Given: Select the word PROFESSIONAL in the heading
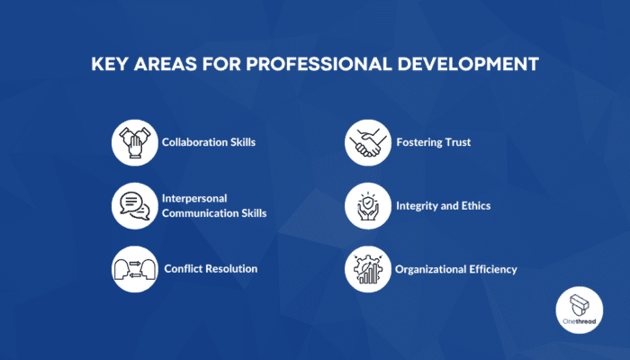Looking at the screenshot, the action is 319,64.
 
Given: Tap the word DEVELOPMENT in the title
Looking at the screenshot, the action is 468,64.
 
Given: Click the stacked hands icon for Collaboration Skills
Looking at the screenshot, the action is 135,142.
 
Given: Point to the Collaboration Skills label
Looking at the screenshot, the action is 209,142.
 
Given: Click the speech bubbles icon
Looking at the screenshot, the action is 135,206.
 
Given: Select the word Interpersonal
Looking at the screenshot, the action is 194,199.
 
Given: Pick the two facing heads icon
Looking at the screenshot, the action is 135,269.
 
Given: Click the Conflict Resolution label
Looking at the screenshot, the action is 211,269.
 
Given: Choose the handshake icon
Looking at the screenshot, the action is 367,142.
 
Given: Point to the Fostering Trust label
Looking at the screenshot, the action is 434,142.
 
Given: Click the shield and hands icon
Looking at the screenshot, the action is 367,206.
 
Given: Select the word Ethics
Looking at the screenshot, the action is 476,206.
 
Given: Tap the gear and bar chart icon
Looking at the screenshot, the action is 367,269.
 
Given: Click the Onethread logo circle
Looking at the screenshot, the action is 580,310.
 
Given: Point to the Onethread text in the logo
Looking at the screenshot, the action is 580,321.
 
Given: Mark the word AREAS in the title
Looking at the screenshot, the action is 166,64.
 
